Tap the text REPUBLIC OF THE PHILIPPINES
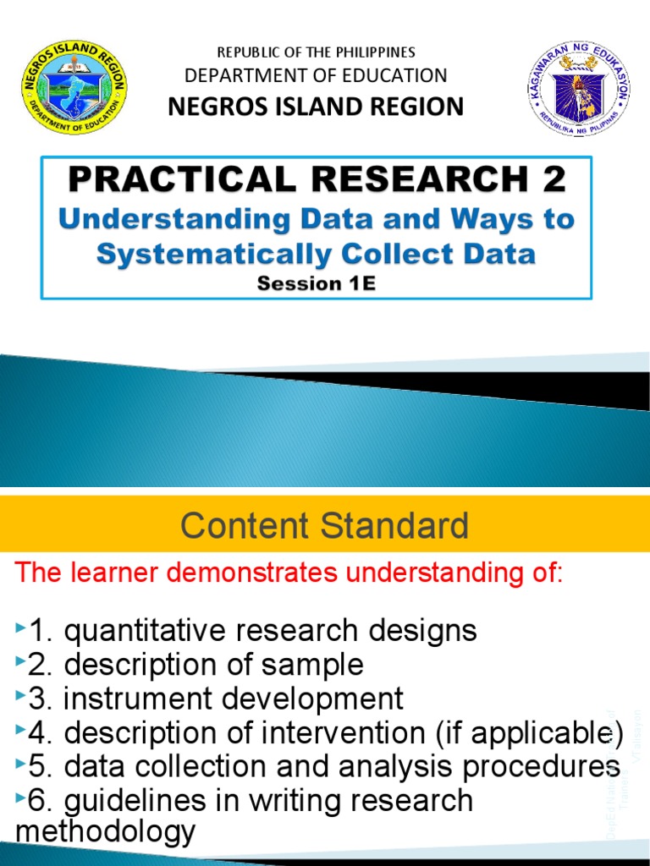(317, 52)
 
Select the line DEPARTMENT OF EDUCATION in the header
(317, 75)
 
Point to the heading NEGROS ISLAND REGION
(317, 107)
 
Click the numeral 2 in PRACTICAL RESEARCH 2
(552, 179)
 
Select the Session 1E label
(316, 284)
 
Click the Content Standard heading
(324, 525)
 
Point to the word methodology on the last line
(105, 832)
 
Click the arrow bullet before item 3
(20, 699)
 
